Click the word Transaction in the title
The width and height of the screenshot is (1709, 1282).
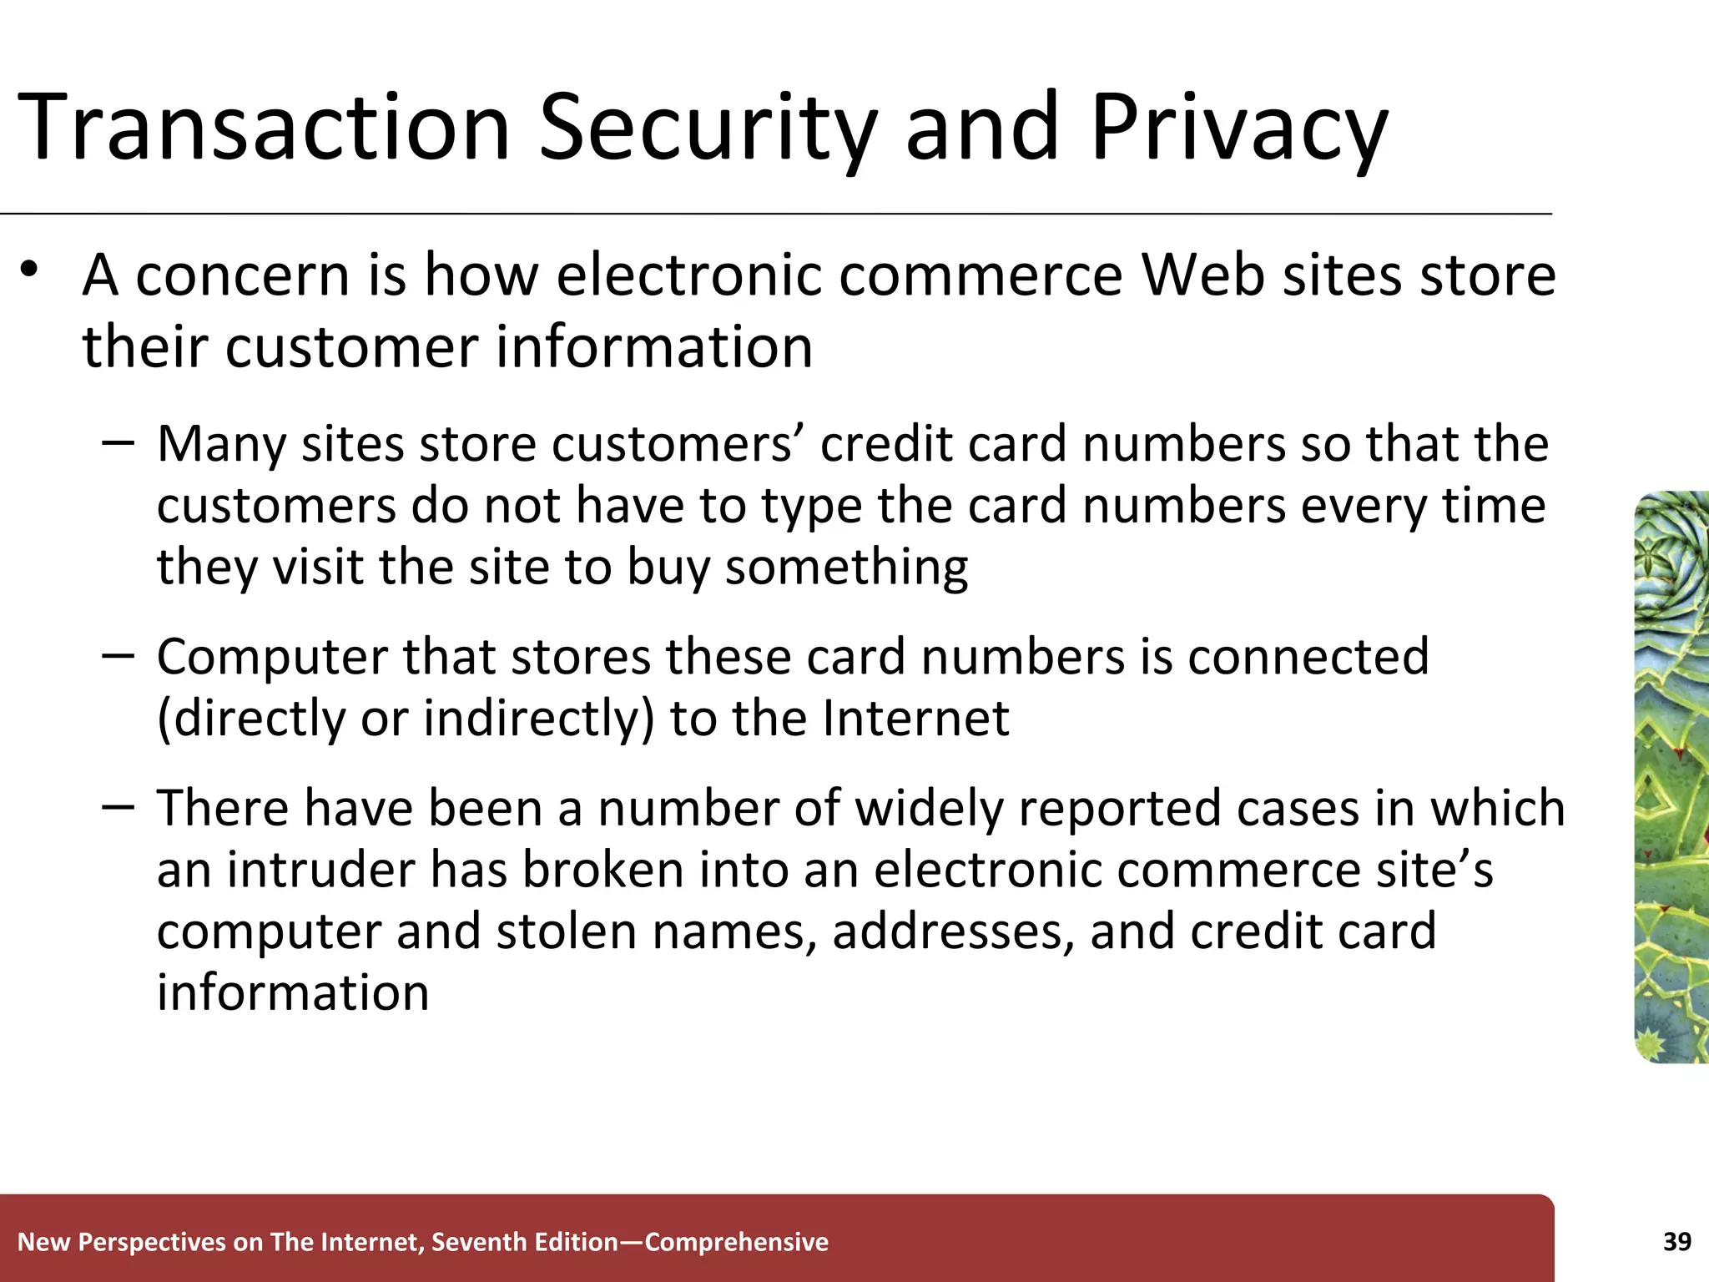(x=264, y=128)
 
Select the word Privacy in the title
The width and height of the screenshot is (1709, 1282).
(x=1238, y=129)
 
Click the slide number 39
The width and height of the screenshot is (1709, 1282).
(x=1676, y=1242)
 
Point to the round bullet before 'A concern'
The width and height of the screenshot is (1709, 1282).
(x=31, y=270)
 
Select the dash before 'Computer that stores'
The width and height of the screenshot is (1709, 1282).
(x=118, y=655)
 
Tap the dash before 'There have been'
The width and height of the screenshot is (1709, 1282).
(x=118, y=806)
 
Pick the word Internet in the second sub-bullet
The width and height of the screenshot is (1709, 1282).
(x=915, y=718)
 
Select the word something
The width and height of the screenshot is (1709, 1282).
(x=846, y=568)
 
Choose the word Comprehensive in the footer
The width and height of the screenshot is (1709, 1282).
(x=737, y=1242)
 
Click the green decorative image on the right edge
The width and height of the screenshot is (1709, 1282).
(x=1671, y=776)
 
